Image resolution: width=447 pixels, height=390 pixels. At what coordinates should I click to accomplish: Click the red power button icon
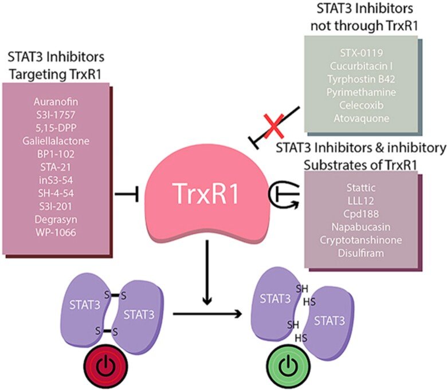click(x=107, y=363)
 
